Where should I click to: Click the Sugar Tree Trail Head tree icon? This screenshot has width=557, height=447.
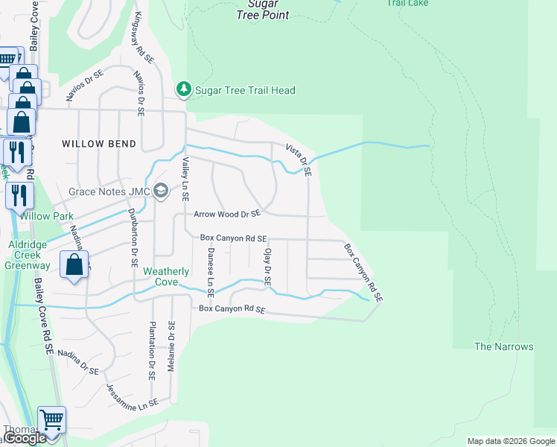click(x=184, y=90)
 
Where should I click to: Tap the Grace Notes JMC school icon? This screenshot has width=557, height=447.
click(x=160, y=192)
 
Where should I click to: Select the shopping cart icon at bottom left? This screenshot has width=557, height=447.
click(x=51, y=420)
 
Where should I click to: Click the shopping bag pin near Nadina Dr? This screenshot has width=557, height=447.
click(x=74, y=265)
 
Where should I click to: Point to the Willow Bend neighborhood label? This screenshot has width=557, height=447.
click(x=99, y=144)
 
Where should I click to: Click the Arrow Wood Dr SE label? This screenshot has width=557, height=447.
click(x=227, y=214)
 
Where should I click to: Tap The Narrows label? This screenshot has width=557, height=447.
click(x=504, y=347)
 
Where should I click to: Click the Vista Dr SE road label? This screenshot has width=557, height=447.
click(x=299, y=159)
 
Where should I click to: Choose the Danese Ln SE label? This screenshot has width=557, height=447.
click(x=211, y=269)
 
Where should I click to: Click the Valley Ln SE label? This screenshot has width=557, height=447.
click(x=185, y=180)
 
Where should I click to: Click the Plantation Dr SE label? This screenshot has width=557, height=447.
click(x=152, y=351)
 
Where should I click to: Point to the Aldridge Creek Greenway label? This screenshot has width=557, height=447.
click(x=28, y=255)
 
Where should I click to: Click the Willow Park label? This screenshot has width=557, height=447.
click(x=46, y=217)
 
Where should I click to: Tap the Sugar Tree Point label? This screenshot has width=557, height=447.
click(x=263, y=10)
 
